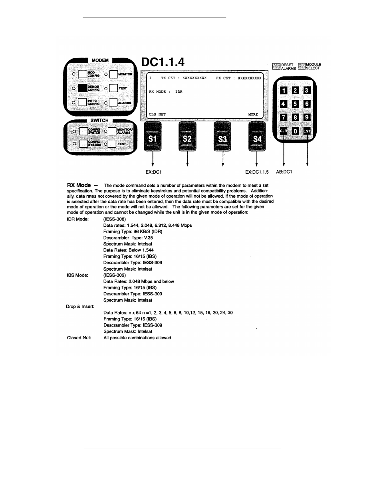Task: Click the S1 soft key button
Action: [x=153, y=137]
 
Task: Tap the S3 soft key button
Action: [x=222, y=137]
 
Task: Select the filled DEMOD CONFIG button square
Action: [x=83, y=88]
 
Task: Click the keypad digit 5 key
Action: [x=295, y=104]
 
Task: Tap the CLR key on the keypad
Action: [x=284, y=131]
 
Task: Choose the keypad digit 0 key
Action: [x=295, y=131]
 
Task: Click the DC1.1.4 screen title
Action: [x=163, y=62]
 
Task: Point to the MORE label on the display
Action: [x=253, y=114]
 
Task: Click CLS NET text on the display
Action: [x=157, y=114]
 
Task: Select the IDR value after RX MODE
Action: [x=179, y=92]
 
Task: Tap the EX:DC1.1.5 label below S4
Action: [x=257, y=172]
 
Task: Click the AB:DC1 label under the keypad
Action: [x=284, y=172]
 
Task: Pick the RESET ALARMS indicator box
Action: [x=276, y=67]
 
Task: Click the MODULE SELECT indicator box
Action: [x=302, y=66]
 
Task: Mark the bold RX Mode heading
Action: [x=79, y=185]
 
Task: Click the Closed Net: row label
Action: [x=79, y=338]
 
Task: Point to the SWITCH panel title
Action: [x=99, y=121]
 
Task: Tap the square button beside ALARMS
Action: [x=113, y=102]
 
